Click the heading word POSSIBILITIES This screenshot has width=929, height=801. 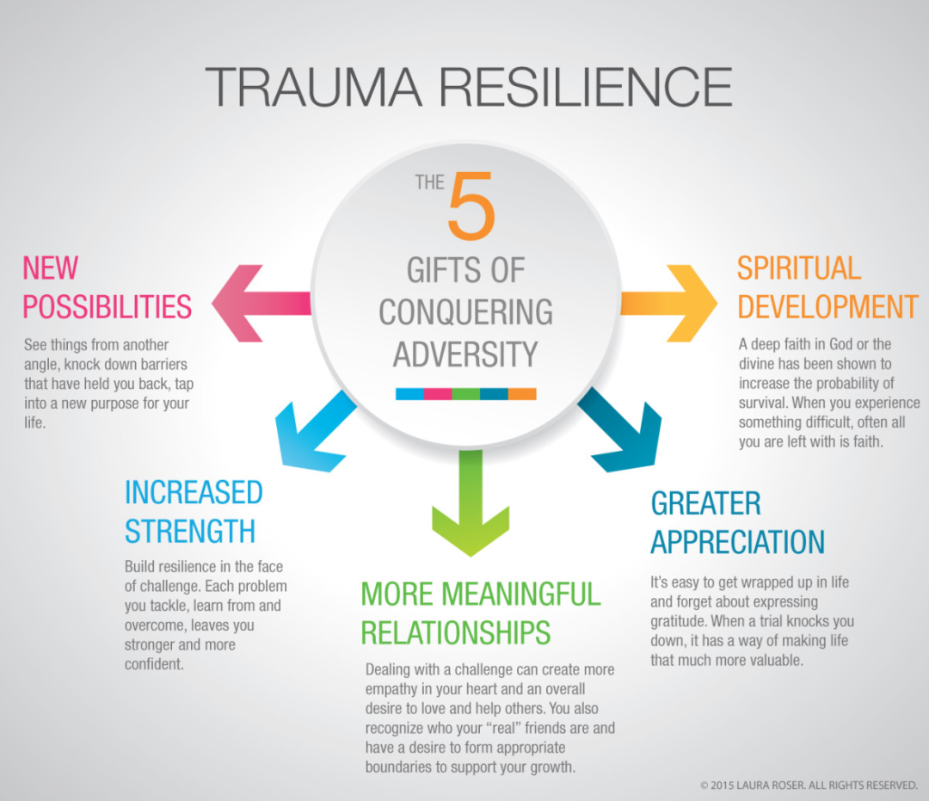click(107, 306)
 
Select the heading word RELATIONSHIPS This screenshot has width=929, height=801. click(456, 632)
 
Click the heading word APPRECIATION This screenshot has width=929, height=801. click(737, 542)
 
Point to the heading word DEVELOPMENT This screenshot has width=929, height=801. click(827, 306)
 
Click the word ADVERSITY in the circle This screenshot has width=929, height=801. click(464, 353)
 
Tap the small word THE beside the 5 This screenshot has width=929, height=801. click(429, 182)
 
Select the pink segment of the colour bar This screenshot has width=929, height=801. click(437, 394)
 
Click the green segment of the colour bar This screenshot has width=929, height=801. click(465, 394)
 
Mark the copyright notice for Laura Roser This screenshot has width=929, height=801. click(809, 785)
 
